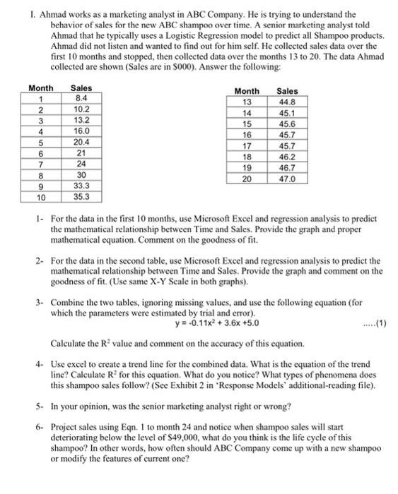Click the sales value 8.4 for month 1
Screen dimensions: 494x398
click(82, 98)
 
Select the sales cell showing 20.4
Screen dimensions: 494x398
click(82, 140)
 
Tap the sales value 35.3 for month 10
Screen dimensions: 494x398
click(82, 197)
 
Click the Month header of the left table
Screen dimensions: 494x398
click(41, 88)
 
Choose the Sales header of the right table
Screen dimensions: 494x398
click(287, 91)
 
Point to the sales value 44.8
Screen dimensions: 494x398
click(287, 102)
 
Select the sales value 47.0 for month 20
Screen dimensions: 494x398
click(287, 179)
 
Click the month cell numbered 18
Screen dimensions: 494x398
click(247, 157)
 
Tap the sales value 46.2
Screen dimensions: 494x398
click(287, 157)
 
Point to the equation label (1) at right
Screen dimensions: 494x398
click(375, 324)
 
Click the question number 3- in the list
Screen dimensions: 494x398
click(40, 301)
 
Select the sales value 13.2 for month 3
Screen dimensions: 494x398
click(82, 119)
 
